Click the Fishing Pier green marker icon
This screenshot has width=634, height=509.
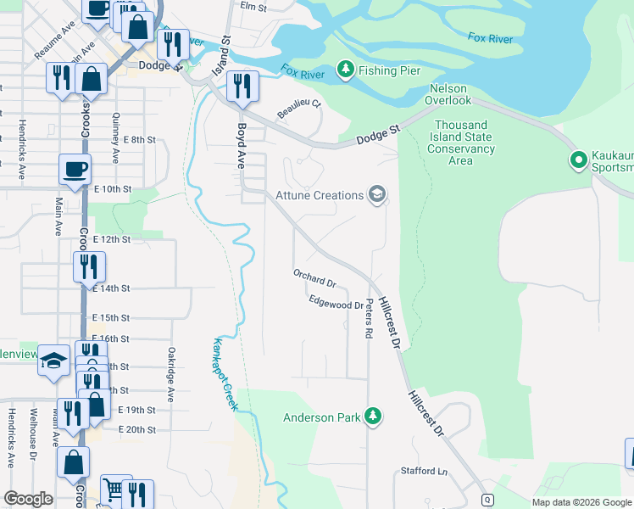[x=345, y=70]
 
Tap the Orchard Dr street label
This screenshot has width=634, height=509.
[x=314, y=277]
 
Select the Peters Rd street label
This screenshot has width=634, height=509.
[x=369, y=322]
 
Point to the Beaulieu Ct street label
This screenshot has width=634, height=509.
[x=299, y=109]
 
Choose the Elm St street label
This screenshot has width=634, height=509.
[x=253, y=6]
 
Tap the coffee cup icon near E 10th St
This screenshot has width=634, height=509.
[x=75, y=169]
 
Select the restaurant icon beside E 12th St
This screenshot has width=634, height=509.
[x=89, y=266]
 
